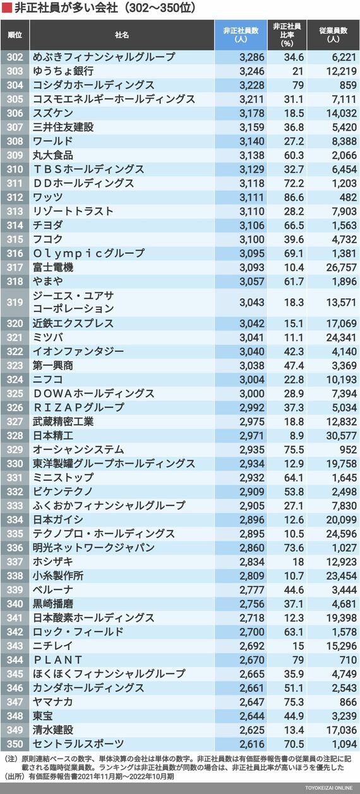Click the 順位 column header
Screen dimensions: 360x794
tap(15, 35)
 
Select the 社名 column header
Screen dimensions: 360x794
tap(121, 35)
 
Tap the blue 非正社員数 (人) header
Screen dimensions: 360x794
tap(241, 35)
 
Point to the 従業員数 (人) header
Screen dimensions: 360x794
tap(333, 35)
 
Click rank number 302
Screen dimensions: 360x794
tap(15, 57)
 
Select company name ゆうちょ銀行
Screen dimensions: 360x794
tap(63, 71)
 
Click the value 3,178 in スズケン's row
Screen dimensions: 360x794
tap(251, 114)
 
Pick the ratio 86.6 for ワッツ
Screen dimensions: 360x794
tap(294, 198)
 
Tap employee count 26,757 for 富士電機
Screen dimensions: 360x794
tap(341, 268)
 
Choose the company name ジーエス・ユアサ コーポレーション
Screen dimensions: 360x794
tap(73, 303)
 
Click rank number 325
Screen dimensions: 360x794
tap(15, 394)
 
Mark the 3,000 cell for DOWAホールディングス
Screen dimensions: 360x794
tap(251, 394)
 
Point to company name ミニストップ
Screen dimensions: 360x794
tap(63, 478)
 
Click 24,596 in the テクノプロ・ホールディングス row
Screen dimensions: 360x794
tap(341, 534)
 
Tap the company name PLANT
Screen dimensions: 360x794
tap(57, 659)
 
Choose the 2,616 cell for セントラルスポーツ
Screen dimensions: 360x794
tap(251, 744)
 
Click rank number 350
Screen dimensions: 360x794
tap(15, 743)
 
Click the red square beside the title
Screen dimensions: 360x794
tap(7, 8)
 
